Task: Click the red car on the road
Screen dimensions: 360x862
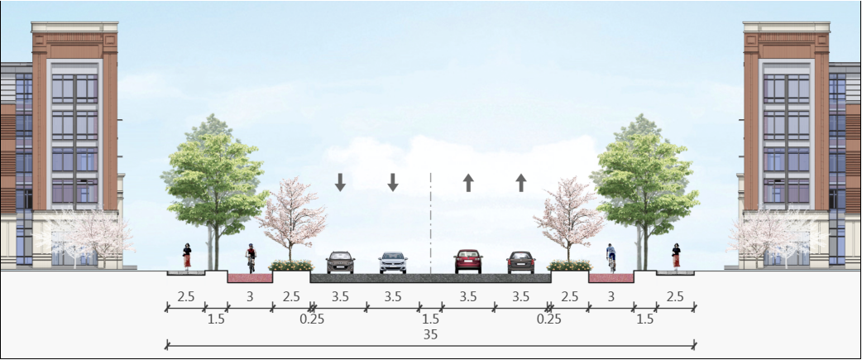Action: coord(467,262)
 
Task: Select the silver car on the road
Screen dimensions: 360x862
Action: coord(393,263)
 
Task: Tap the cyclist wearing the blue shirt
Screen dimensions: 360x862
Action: coord(611,257)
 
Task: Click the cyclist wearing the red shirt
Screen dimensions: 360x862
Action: coord(251,259)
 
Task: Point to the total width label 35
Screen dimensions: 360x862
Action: coord(429,334)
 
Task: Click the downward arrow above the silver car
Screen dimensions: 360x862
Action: coord(393,182)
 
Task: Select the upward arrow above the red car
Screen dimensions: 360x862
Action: coord(468,182)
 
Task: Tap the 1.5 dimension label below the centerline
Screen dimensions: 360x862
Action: coord(430,319)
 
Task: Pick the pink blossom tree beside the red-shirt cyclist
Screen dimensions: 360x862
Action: coord(292,215)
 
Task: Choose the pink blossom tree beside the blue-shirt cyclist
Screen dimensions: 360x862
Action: coord(568,215)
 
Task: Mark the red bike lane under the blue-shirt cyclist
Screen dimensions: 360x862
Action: coord(611,277)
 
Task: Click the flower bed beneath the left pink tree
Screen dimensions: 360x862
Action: coord(290,266)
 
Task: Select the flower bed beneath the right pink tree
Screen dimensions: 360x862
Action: coord(569,266)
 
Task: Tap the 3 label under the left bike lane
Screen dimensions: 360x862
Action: coord(250,296)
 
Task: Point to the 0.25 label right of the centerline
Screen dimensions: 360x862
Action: coord(545,319)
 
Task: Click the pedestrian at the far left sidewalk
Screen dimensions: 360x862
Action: coord(188,256)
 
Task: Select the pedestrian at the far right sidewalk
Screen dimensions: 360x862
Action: coord(676,256)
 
